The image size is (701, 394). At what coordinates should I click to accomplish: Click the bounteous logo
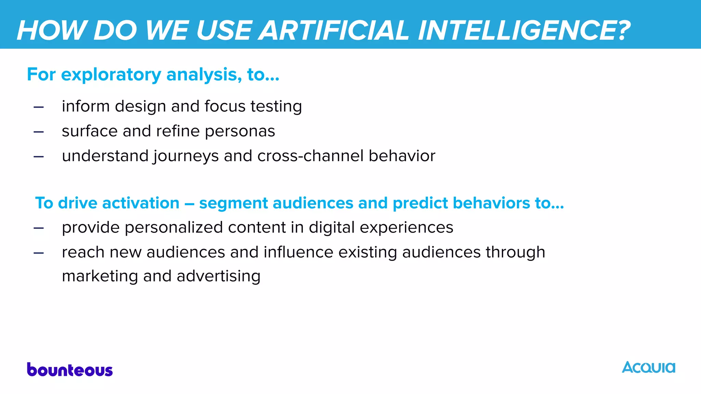(x=70, y=370)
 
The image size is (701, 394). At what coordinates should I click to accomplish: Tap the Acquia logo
(x=648, y=368)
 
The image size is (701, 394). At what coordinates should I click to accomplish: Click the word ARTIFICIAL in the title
(x=334, y=30)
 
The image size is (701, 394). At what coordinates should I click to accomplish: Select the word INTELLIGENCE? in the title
(x=524, y=30)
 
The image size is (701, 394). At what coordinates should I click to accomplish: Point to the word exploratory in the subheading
(x=111, y=75)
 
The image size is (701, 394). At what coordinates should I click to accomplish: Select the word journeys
(x=186, y=157)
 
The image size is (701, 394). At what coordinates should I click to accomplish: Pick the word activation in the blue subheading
(x=141, y=203)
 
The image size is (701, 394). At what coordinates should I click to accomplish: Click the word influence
(x=298, y=252)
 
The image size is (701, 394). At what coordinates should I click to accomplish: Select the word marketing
(x=100, y=276)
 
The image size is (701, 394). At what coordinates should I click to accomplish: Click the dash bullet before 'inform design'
(x=39, y=107)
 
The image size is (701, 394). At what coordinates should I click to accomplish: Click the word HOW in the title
(x=51, y=30)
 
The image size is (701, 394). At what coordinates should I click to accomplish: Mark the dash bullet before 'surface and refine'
(x=39, y=132)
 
